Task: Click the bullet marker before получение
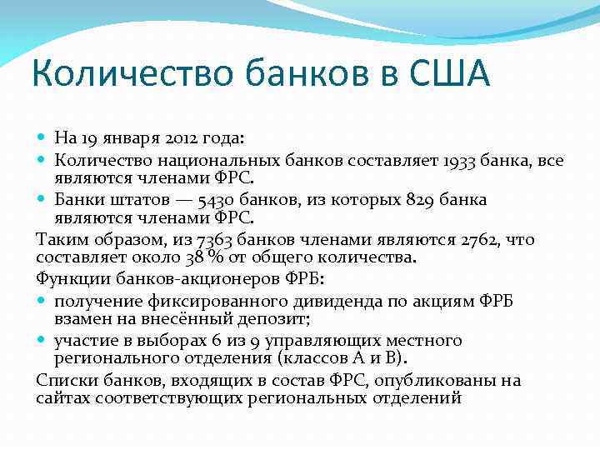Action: point(43,300)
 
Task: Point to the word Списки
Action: point(65,381)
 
